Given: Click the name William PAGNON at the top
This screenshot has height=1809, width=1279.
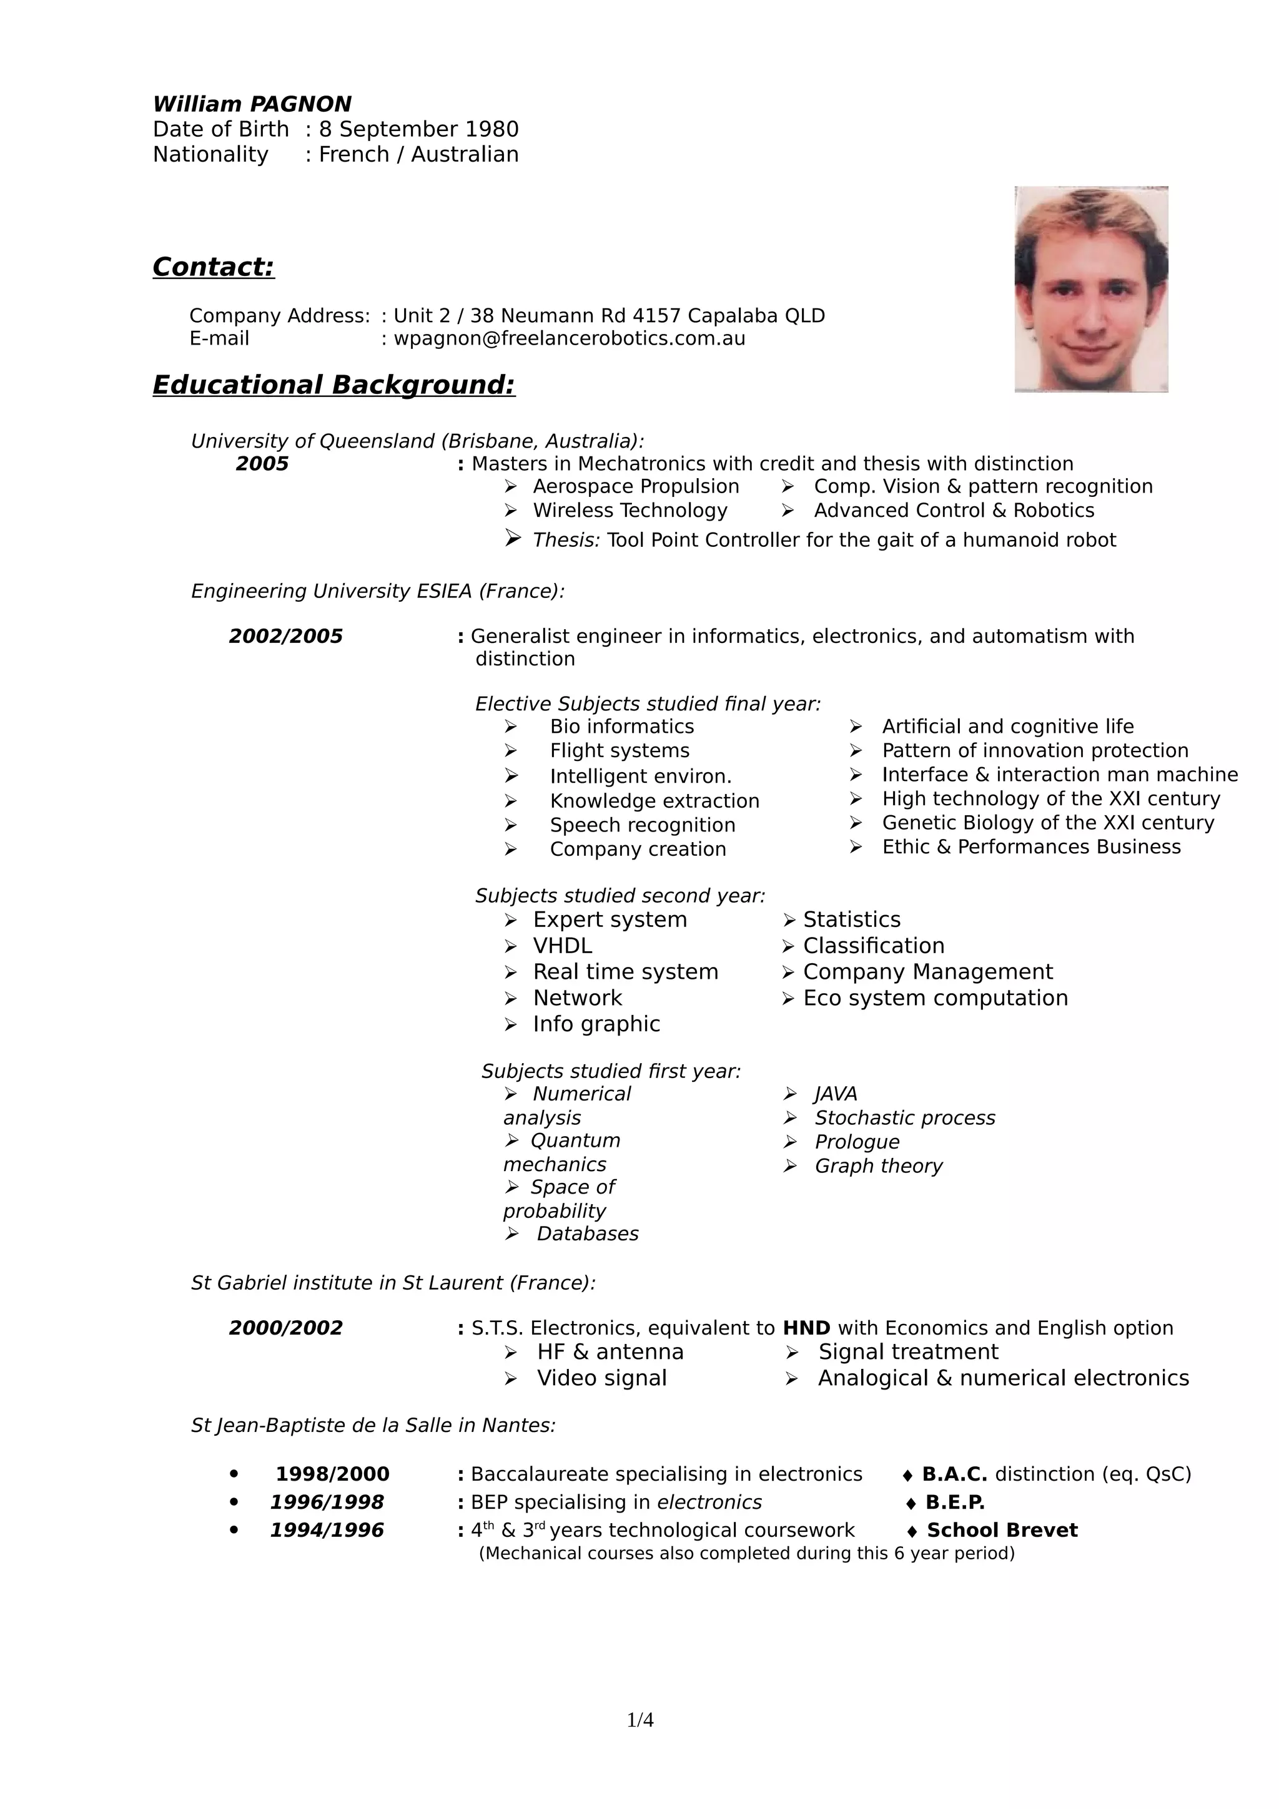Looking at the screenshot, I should (252, 104).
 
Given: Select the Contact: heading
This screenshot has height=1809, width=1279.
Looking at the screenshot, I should (214, 267).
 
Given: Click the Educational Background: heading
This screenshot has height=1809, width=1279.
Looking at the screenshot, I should (333, 385).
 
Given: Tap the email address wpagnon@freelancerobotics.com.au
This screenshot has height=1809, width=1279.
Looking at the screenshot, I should (569, 339).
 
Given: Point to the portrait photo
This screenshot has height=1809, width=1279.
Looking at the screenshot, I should (1090, 289).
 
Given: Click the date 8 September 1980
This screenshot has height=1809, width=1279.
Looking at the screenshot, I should (418, 129).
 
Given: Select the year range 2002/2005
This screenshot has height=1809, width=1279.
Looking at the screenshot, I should (286, 636).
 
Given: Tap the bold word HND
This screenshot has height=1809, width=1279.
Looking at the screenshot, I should (806, 1328).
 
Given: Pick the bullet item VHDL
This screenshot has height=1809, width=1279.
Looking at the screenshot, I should (563, 946).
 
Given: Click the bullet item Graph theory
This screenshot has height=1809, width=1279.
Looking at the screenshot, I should (878, 1165).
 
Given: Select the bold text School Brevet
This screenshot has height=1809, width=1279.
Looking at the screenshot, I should (1002, 1530).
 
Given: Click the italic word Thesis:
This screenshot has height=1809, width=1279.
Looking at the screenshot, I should (566, 540).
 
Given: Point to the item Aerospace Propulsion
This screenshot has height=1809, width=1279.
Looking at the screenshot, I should (636, 486).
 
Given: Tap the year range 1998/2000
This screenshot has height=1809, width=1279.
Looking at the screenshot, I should (333, 1474).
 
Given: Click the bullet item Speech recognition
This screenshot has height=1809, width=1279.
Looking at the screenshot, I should (642, 825).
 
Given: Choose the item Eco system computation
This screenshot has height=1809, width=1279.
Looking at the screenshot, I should (936, 998).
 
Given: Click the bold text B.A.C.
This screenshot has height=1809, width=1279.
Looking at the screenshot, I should (954, 1474).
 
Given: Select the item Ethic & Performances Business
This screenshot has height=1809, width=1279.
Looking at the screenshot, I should (1031, 846).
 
